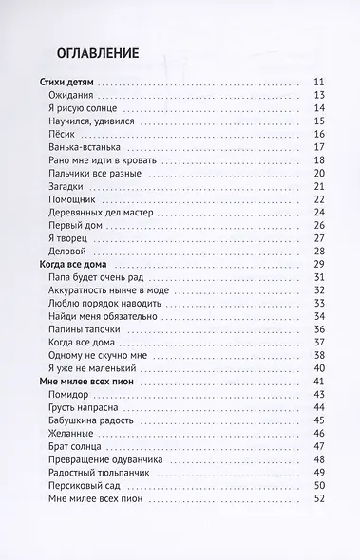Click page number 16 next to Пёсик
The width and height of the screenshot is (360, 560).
[319, 134]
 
